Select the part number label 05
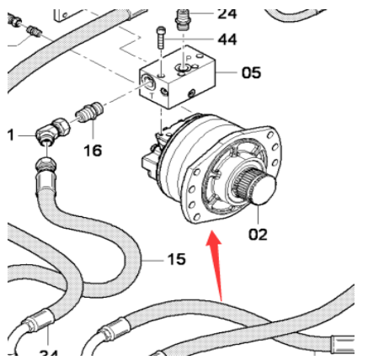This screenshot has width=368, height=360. click(250, 73)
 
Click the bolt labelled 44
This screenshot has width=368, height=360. click(160, 38)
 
